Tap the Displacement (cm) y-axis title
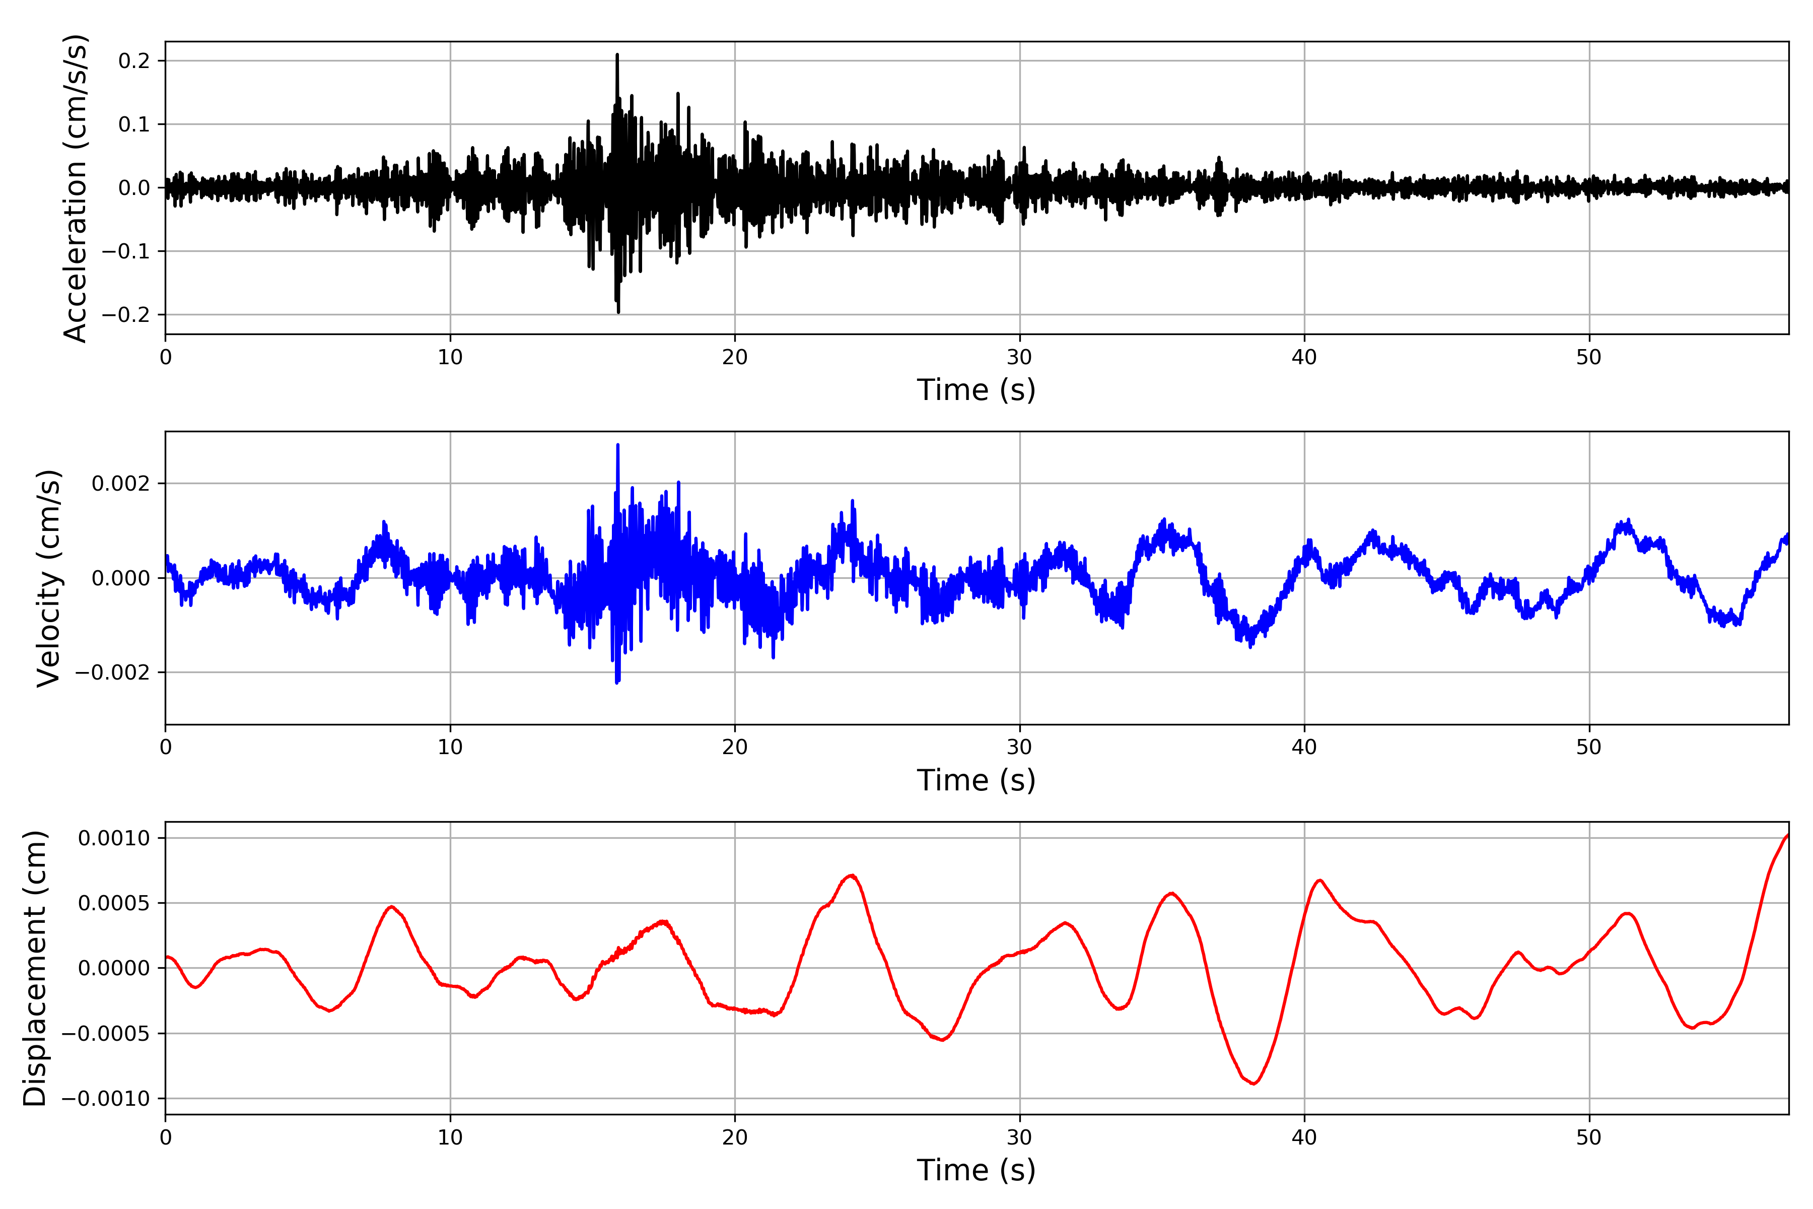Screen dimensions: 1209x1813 click(x=35, y=968)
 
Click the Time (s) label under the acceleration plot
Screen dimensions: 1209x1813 click(x=976, y=390)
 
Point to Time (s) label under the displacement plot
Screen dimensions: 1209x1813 click(x=976, y=1170)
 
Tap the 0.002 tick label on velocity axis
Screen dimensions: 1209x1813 click(x=120, y=484)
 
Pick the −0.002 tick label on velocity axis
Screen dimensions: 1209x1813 click(x=112, y=673)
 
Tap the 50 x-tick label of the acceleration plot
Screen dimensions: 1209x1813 click(x=1589, y=357)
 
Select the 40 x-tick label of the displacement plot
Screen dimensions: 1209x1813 click(x=1304, y=1137)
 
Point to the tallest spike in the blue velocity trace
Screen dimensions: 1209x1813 click(x=617, y=445)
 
